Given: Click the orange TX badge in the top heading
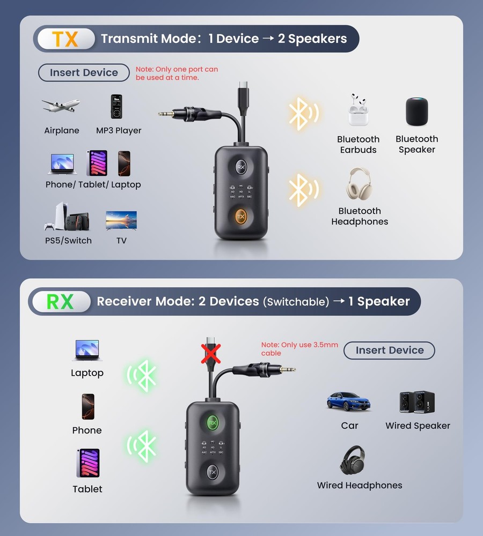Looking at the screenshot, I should (x=65, y=39).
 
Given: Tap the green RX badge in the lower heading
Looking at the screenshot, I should (x=60, y=302).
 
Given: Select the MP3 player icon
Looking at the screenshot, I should (x=116, y=107).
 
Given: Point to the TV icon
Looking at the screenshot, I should (x=121, y=220).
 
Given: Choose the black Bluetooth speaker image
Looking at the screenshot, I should (x=417, y=111).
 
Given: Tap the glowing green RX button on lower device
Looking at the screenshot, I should (x=213, y=422).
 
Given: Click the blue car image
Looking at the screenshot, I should (x=349, y=402).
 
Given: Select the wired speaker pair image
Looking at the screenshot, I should (x=417, y=402).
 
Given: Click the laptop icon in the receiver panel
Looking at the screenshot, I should (x=87, y=350).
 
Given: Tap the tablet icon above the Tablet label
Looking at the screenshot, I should (x=87, y=463).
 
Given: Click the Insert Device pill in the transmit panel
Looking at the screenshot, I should (x=84, y=72).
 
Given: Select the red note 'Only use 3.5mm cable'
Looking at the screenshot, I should (x=299, y=349).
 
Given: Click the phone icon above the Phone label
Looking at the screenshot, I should (x=87, y=406).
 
